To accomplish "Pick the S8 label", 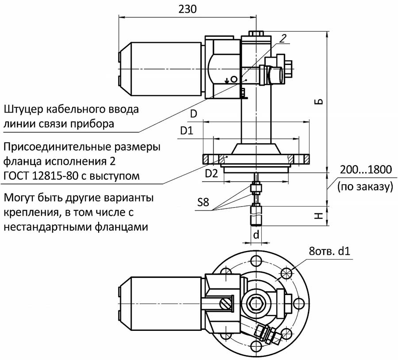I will point(203,204).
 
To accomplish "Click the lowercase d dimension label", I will point(256,235).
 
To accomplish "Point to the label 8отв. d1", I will point(329,252).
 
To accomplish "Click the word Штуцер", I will point(27,109).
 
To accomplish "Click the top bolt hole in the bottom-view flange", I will point(256,259).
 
